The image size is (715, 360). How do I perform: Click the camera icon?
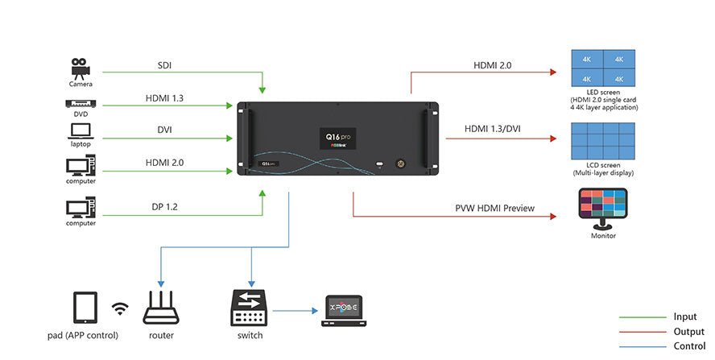tap(80, 66)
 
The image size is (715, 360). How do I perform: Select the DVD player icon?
tap(81, 103)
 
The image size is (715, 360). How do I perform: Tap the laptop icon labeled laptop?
tap(81, 130)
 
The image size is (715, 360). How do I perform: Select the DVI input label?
tap(164, 129)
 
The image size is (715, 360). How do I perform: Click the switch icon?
tap(250, 308)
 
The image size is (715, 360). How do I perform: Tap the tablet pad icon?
tap(85, 308)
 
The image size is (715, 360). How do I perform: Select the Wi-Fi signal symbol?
tap(120, 308)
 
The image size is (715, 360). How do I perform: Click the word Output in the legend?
tap(688, 332)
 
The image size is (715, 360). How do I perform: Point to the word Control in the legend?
tap(689, 346)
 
